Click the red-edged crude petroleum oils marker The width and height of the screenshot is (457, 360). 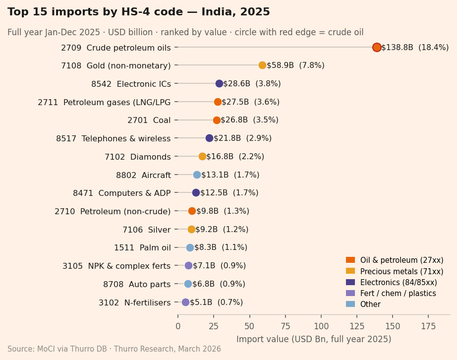[377, 47]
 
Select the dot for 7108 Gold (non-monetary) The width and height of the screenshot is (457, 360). [262, 65]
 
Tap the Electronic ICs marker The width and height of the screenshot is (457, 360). [219, 83]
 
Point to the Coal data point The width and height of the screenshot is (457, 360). [217, 120]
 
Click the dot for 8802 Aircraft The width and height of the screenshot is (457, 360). [197, 175]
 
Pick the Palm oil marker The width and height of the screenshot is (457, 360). [190, 247]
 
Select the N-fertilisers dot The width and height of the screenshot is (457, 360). [185, 302]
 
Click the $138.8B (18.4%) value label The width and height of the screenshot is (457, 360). [414, 48]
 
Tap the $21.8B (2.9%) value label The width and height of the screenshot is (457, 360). [242, 138]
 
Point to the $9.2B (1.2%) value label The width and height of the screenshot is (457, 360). [222, 230]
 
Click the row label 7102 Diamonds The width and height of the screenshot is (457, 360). [137, 157]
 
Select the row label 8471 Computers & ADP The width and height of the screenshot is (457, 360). [121, 193]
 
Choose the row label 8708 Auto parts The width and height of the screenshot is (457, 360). [137, 284]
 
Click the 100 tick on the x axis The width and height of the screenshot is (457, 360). [321, 326]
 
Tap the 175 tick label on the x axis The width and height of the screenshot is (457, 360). [428, 326]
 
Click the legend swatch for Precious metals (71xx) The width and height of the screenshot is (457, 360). [350, 271]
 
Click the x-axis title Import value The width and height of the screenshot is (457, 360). [314, 339]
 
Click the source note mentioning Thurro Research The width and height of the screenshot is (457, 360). [114, 349]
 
